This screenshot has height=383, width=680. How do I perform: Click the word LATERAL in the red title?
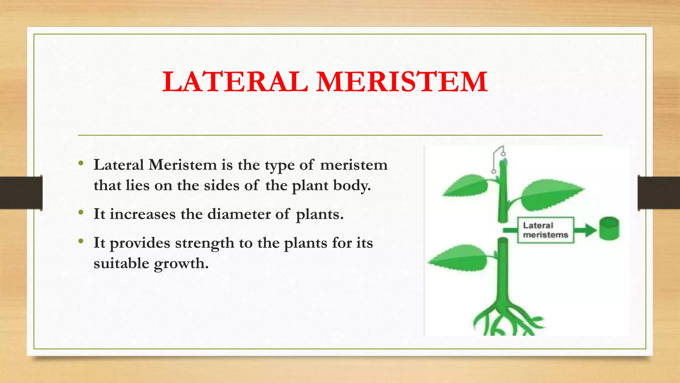pyautogui.click(x=235, y=82)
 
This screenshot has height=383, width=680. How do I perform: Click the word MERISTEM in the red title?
pyautogui.click(x=402, y=82)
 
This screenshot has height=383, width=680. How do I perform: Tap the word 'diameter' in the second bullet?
pyautogui.click(x=239, y=214)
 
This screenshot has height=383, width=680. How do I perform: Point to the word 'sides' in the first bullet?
pyautogui.click(x=221, y=185)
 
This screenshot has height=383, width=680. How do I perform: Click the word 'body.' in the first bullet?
pyautogui.click(x=352, y=185)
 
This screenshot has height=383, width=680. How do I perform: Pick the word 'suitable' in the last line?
pyautogui.click(x=121, y=263)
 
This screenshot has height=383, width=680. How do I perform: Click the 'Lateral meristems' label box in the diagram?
pyautogui.click(x=545, y=230)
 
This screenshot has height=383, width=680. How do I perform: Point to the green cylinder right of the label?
pyautogui.click(x=609, y=228)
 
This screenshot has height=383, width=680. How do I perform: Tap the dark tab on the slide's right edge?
pyautogui.click(x=659, y=193)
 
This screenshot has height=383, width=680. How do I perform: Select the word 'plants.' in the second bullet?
pyautogui.click(x=319, y=214)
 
